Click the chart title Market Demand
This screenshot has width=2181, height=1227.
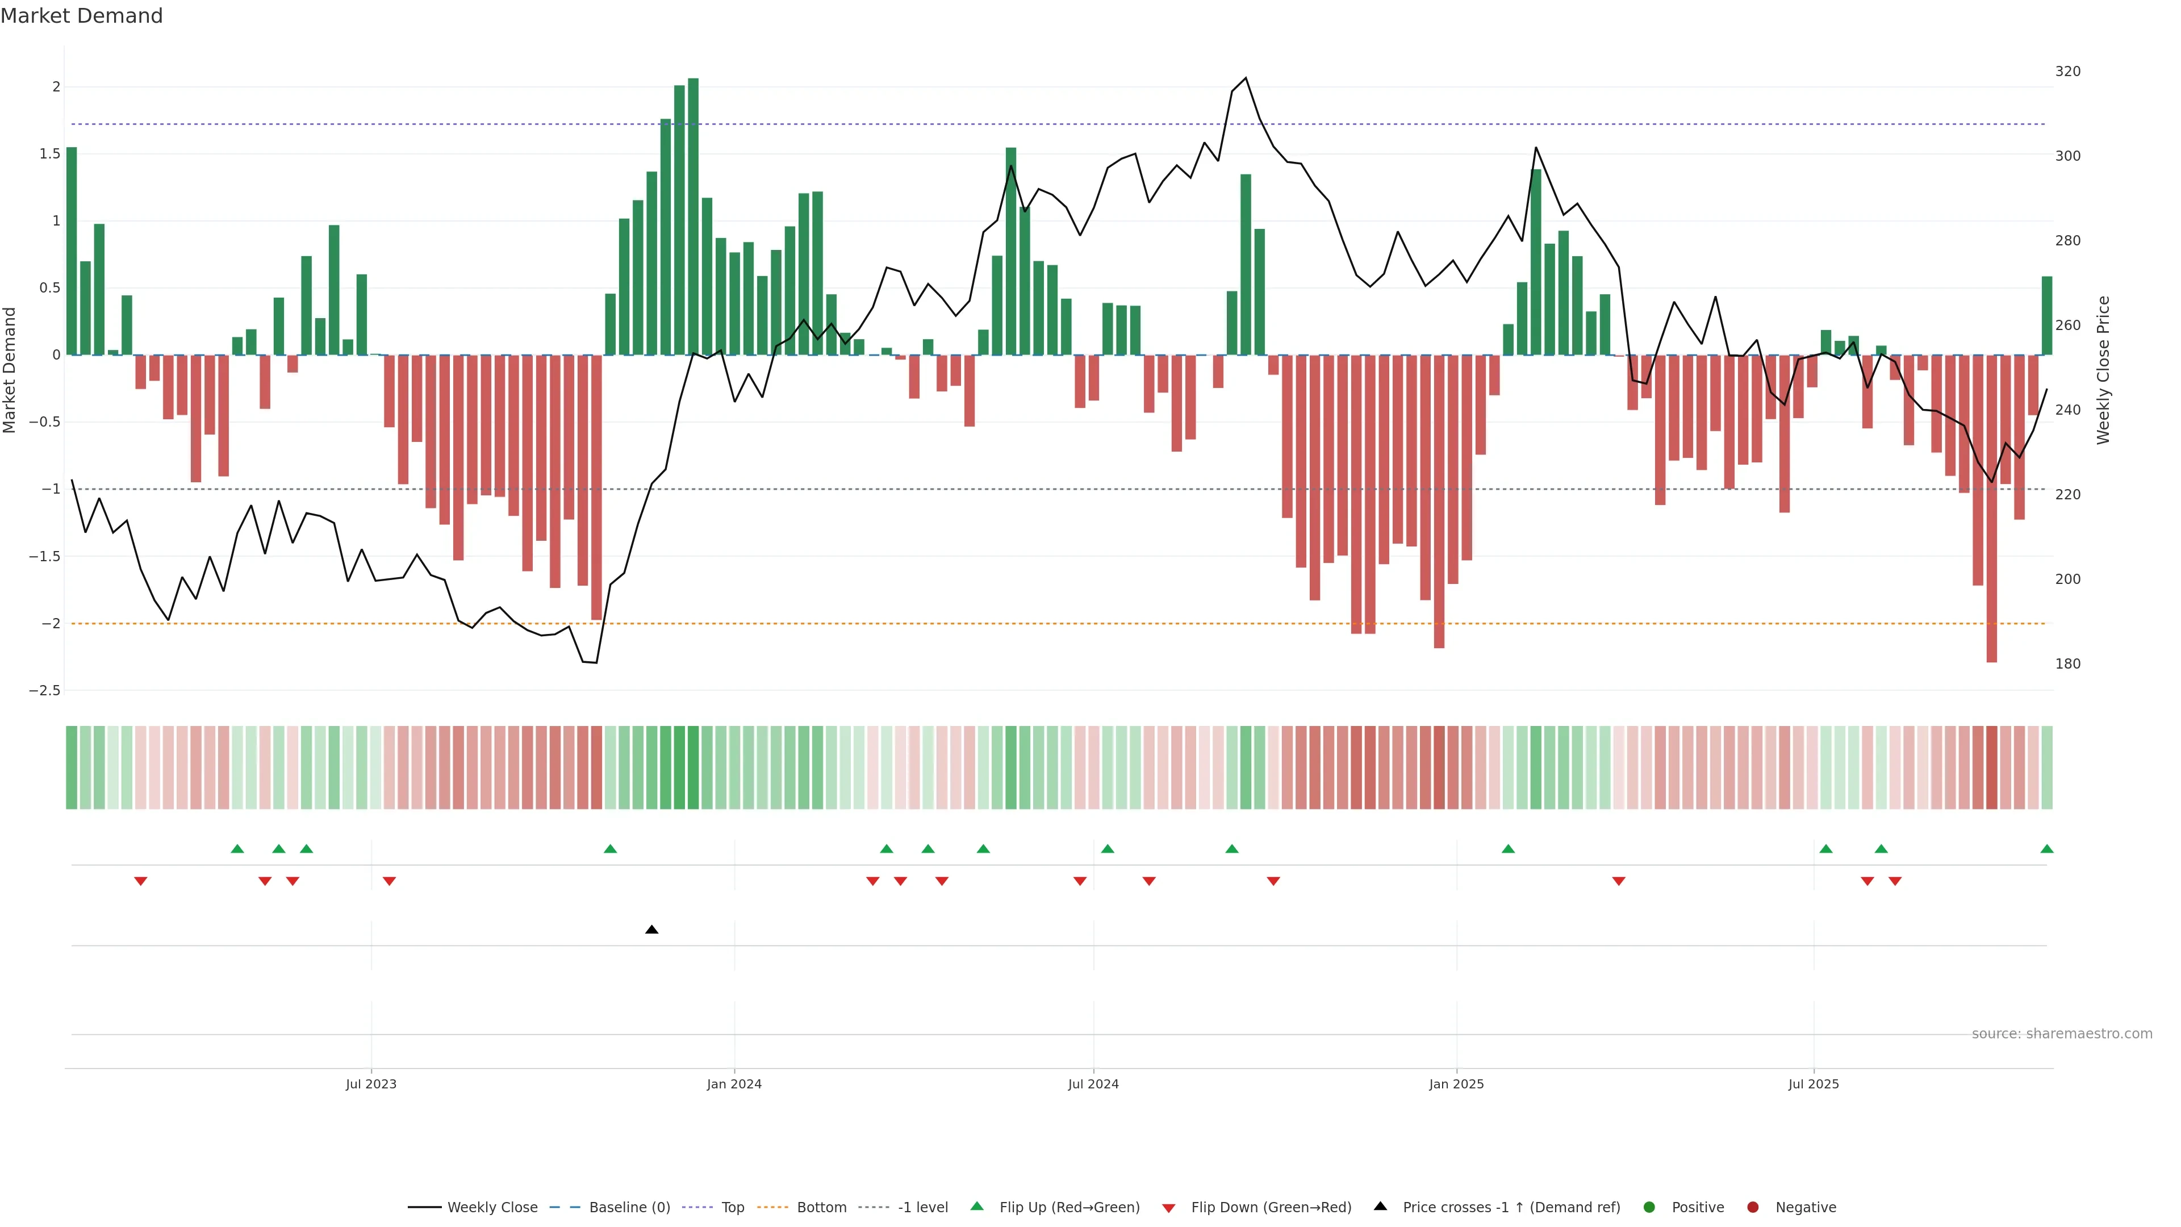coord(81,16)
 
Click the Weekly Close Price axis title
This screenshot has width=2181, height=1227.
coord(2103,370)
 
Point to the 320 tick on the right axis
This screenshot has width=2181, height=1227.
coord(2067,71)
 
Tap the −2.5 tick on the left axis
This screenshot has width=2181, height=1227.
coord(44,691)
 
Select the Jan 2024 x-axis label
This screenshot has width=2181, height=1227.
coord(734,1084)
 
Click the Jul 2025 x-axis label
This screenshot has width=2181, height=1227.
coord(1813,1084)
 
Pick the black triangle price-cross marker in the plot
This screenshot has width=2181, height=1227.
coord(651,930)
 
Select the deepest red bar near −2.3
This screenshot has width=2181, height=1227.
coord(1991,508)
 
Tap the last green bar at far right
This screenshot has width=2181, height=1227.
coord(2046,315)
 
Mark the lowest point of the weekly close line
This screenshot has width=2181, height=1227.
coord(596,663)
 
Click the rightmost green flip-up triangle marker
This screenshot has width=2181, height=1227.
coord(2046,849)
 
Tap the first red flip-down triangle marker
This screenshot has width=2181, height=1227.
coord(140,882)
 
